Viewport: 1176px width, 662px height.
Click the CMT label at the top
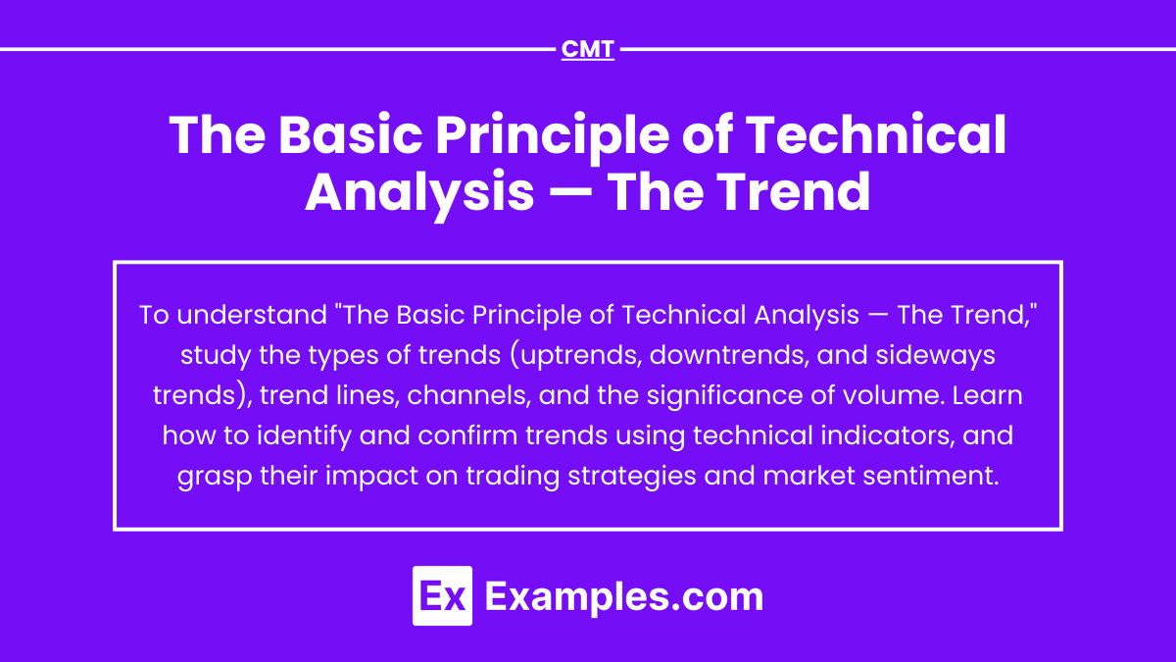point(587,49)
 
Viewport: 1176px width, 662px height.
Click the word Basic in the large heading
point(350,134)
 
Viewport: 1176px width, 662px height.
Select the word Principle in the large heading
point(553,137)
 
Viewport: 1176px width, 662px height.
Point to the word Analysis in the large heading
point(419,193)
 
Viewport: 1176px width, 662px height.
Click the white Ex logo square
point(442,596)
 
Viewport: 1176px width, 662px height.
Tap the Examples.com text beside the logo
point(623,597)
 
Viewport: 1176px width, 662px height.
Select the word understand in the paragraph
point(252,315)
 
